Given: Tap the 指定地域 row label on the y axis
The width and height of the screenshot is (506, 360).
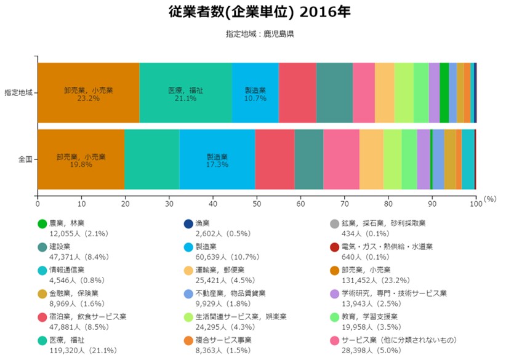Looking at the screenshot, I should point(18,93).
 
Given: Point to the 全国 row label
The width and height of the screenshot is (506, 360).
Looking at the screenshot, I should point(25,159).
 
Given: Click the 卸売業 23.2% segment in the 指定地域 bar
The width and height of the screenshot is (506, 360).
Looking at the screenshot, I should point(88,93).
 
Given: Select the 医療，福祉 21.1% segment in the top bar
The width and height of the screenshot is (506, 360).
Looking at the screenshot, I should point(185,93).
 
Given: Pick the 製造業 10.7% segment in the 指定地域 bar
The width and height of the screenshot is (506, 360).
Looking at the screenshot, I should point(255,93).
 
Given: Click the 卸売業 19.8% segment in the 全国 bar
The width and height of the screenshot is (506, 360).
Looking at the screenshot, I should point(81,159).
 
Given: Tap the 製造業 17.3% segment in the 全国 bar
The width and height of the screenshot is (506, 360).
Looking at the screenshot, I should point(217,159).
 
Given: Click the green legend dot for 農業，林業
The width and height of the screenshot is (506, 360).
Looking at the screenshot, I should point(42,224).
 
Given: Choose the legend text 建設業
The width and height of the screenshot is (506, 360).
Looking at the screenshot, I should point(60,246).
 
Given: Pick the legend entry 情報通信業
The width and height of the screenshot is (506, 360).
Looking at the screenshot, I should point(66,270).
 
